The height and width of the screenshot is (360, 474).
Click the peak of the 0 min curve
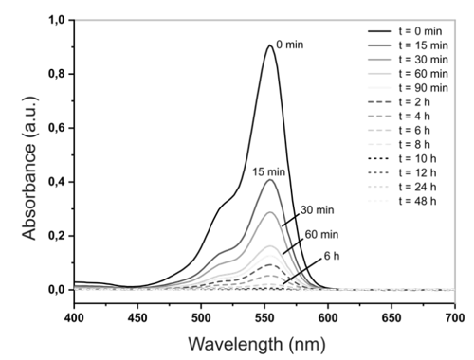270,45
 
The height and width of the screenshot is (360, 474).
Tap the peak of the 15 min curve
270,180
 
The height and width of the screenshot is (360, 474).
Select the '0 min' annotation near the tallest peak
290,45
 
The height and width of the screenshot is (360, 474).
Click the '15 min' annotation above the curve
268,171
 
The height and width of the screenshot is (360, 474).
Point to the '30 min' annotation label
317,210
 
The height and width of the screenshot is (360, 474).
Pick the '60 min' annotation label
321,234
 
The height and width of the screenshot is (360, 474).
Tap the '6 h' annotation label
332,256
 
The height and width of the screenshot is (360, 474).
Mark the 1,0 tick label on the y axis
56,20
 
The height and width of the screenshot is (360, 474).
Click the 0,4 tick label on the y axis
56,182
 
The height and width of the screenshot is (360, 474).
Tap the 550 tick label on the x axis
264,317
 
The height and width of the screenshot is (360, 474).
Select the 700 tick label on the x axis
455,317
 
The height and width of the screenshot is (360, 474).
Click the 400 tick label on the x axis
74,317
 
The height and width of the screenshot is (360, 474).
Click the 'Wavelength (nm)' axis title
257,344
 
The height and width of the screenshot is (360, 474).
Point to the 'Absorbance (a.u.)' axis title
29,168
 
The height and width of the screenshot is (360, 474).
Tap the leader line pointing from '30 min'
290,221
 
